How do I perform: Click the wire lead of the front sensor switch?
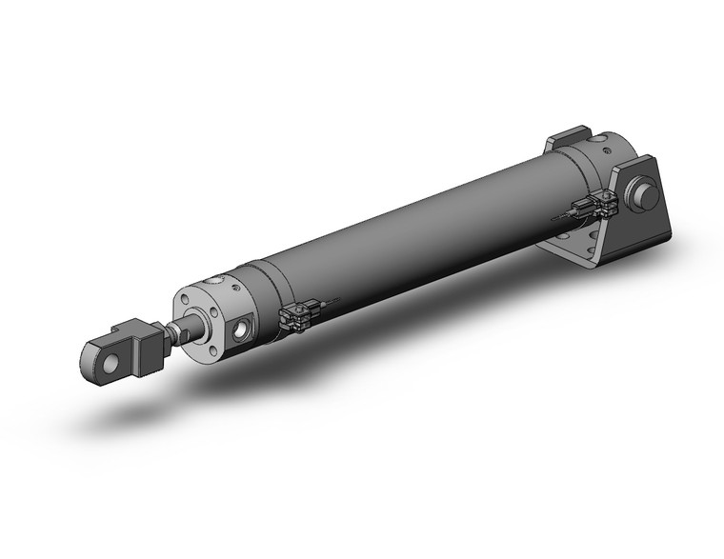(329, 303)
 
